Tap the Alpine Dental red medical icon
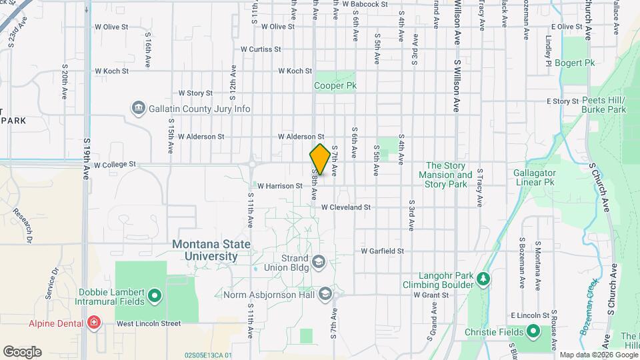94,323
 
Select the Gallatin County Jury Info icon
139,108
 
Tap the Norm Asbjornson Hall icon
325,293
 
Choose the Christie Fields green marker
533,331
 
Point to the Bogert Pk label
579,63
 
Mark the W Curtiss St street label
261,49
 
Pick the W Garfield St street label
383,251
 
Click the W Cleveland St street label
345,207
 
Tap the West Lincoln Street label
149,324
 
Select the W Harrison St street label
280,186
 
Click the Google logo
22,351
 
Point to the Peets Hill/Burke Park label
603,104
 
